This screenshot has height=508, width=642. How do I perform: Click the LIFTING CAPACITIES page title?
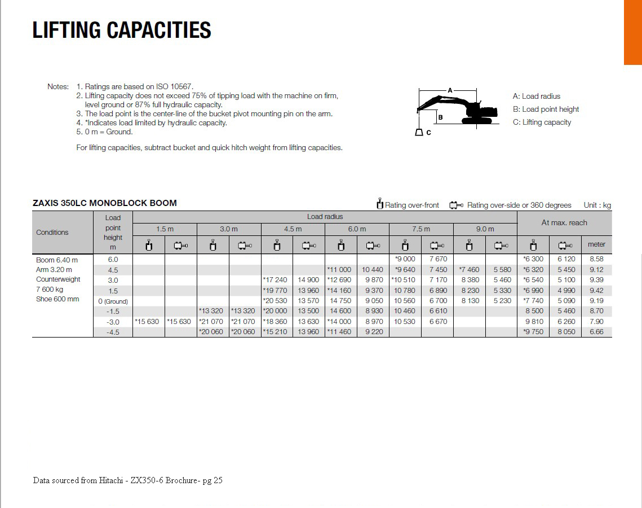(122, 30)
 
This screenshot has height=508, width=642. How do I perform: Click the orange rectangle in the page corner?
(632, 32)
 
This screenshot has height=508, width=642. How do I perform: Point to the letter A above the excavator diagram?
(450, 90)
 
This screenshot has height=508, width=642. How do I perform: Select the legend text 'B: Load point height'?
(546, 110)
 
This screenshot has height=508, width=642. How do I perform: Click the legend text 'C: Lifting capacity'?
(542, 122)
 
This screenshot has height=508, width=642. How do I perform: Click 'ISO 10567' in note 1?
(175, 87)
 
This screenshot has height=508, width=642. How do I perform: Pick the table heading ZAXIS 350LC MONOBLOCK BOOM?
(105, 203)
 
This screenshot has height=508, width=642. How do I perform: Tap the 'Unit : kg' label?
(597, 205)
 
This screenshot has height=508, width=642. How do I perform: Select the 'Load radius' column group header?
(325, 217)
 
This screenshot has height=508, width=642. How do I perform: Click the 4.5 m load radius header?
(293, 229)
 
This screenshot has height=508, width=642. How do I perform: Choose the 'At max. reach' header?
(564, 223)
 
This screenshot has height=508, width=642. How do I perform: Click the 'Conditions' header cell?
(52, 233)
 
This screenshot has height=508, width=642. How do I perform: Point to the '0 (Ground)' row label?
(113, 301)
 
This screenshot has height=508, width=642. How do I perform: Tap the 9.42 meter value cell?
(596, 291)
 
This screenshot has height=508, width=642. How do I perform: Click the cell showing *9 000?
(405, 259)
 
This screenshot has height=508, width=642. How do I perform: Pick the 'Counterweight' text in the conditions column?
(58, 279)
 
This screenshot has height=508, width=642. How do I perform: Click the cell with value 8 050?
(566, 332)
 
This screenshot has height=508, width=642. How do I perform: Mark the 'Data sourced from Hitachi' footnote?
(127, 480)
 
